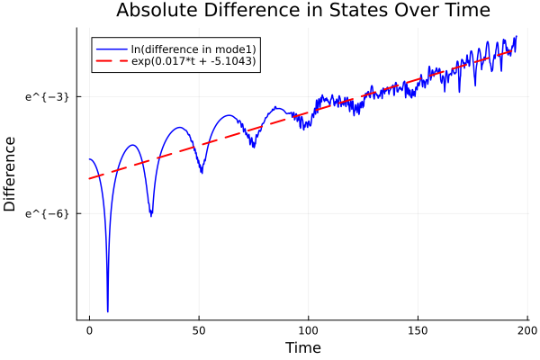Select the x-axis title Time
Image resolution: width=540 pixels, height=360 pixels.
click(x=302, y=347)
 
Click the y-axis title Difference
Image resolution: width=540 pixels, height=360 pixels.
click(x=11, y=174)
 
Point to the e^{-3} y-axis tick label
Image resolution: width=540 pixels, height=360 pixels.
click(x=48, y=95)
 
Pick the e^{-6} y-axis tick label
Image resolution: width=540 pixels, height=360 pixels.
click(x=48, y=213)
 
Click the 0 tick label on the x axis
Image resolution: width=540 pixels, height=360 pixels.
click(x=89, y=330)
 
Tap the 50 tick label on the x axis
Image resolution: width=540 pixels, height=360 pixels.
click(x=199, y=330)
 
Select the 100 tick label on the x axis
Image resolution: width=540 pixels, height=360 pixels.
click(x=309, y=330)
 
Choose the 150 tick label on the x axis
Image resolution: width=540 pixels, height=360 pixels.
click(x=418, y=330)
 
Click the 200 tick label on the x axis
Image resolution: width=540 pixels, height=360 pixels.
click(x=527, y=330)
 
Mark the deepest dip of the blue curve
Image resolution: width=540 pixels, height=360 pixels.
click(x=107, y=310)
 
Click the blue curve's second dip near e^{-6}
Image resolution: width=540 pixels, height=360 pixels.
click(x=151, y=215)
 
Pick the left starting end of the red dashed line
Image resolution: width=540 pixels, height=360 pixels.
click(x=90, y=178)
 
